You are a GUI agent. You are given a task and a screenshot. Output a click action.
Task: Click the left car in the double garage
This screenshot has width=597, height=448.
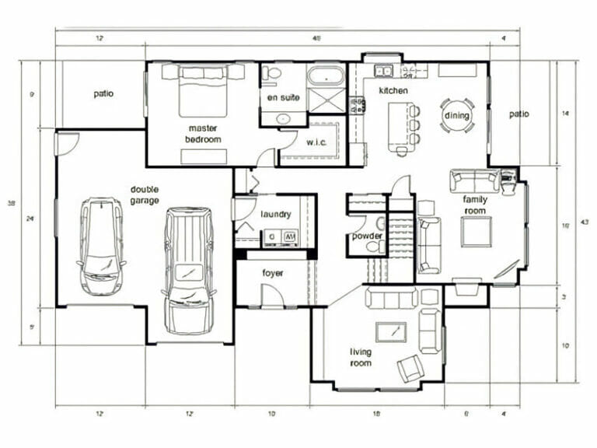coord(102,247)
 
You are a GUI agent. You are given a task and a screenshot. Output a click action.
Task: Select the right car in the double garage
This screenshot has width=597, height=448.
coord(188,268)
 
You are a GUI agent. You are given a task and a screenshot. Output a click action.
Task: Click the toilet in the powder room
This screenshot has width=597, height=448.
coord(374,246)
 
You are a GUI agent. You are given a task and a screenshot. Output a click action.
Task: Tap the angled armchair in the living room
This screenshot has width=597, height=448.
coord(410,366)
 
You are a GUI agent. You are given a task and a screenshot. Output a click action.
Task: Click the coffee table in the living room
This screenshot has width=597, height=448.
coord(390,332)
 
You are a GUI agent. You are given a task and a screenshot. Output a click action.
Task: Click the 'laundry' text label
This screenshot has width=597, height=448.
coord(275,214)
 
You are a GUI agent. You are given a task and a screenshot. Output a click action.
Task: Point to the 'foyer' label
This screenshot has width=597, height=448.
coord(273,273)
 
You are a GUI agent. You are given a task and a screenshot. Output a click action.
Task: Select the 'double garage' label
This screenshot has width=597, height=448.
coord(145,194)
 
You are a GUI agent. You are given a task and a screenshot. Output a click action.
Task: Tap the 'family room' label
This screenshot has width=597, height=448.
coord(476,204)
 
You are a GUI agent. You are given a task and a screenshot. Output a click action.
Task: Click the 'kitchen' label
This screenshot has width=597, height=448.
coord(393,91)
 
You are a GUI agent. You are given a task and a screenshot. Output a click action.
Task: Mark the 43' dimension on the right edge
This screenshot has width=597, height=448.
coord(585,222)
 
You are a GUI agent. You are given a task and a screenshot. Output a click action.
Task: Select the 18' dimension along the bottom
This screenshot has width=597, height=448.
coord(377,415)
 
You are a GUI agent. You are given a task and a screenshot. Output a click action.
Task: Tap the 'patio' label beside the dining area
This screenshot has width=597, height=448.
coord(519,114)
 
